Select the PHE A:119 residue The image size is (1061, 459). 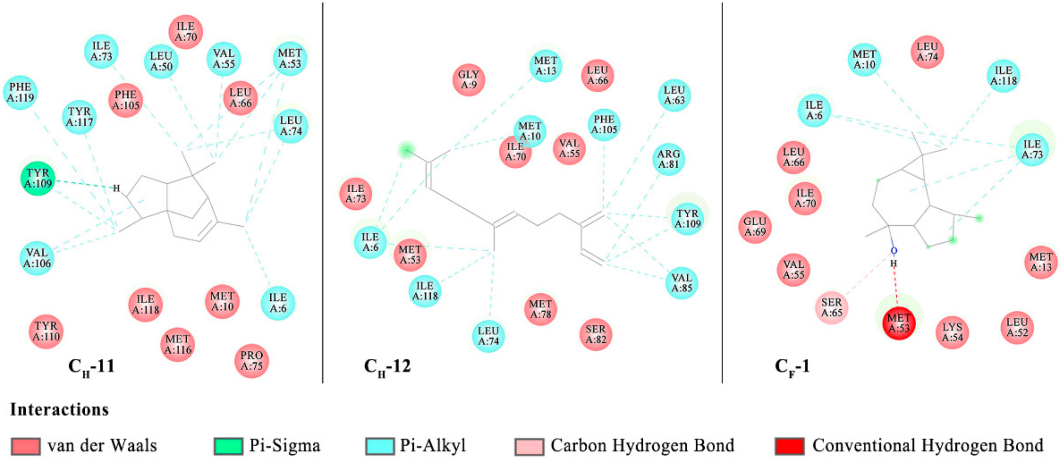pos(21,92)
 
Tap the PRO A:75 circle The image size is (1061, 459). pos(251,361)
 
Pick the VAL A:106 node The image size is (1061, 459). pos(37,258)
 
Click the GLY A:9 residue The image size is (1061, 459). pos(469,79)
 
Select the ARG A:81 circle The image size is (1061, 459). pos(669,159)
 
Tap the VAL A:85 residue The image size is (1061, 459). pos(682,283)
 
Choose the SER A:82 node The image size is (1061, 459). pos(595,334)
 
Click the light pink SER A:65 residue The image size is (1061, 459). pos(832,307)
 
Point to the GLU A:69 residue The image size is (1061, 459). pos(755,227)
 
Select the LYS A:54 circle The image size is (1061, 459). pos(952,332)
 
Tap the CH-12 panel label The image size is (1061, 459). pos(387,366)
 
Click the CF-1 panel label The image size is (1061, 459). pos(792,366)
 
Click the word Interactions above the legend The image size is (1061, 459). pos(60,409)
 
